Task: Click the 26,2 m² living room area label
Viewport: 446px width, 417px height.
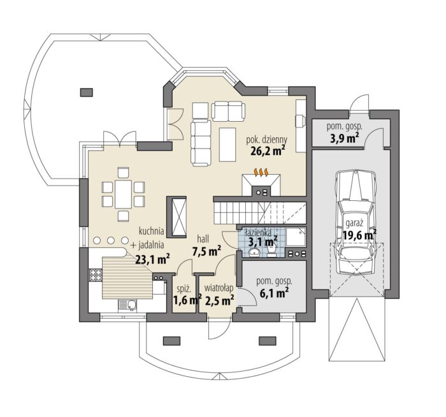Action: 268,151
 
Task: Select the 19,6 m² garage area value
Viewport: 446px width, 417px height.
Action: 359,235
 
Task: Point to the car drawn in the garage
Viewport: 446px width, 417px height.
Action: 356,223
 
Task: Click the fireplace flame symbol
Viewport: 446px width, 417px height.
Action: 261,172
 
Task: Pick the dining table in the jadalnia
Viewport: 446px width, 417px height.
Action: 123,194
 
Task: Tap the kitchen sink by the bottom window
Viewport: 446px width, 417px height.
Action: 127,305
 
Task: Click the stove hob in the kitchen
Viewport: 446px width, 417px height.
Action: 96,275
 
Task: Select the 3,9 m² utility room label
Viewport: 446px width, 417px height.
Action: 344,138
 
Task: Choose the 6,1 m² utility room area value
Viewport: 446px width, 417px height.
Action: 275,293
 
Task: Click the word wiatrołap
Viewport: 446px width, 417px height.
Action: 219,288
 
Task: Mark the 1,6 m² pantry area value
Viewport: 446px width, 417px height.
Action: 187,300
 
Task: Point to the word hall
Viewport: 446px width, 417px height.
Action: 203,238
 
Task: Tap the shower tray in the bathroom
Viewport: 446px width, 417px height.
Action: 296,237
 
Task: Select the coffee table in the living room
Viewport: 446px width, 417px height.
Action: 227,144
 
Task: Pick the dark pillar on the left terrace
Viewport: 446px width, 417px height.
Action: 87,92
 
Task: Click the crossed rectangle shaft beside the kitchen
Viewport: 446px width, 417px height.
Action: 176,217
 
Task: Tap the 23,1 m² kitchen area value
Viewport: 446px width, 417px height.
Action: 152,260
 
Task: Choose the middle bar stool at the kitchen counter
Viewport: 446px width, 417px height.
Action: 111,240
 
